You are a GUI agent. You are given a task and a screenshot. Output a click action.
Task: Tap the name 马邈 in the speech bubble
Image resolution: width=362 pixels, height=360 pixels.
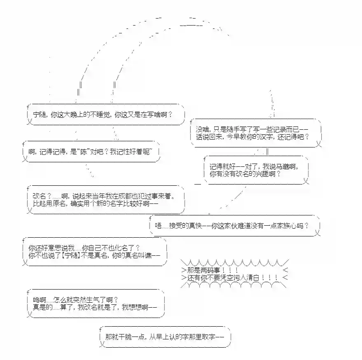click(283, 167)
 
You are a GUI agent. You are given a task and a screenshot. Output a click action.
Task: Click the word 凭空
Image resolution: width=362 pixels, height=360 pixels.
click(224, 278)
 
